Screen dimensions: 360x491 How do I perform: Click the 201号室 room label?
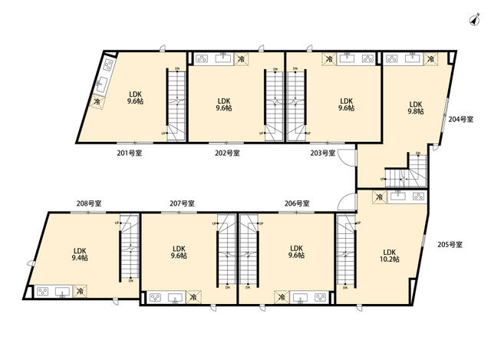tap(129, 153)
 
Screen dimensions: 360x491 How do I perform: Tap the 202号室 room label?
tap(227, 153)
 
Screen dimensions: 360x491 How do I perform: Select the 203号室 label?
tap(323, 153)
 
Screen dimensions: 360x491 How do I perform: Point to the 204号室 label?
tap(461, 119)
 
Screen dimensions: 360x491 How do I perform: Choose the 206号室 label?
tap(296, 203)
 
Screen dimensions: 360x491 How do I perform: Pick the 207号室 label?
tap(182, 203)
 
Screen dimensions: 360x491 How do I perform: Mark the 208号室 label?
tap(90, 203)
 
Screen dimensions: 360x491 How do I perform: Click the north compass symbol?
tap(470, 19)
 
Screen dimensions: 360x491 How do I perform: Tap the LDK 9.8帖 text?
tap(415, 107)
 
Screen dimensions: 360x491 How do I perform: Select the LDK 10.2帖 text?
tap(389, 256)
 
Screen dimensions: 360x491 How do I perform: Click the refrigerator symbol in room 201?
tap(97, 100)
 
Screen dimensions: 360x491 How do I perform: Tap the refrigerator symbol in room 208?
tap(80, 292)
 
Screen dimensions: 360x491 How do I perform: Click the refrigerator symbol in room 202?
tap(241, 58)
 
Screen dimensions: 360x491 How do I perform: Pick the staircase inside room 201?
tap(176, 103)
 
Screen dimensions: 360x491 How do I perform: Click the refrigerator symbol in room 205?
tap(379, 198)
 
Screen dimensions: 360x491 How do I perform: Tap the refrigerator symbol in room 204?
tap(430, 58)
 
